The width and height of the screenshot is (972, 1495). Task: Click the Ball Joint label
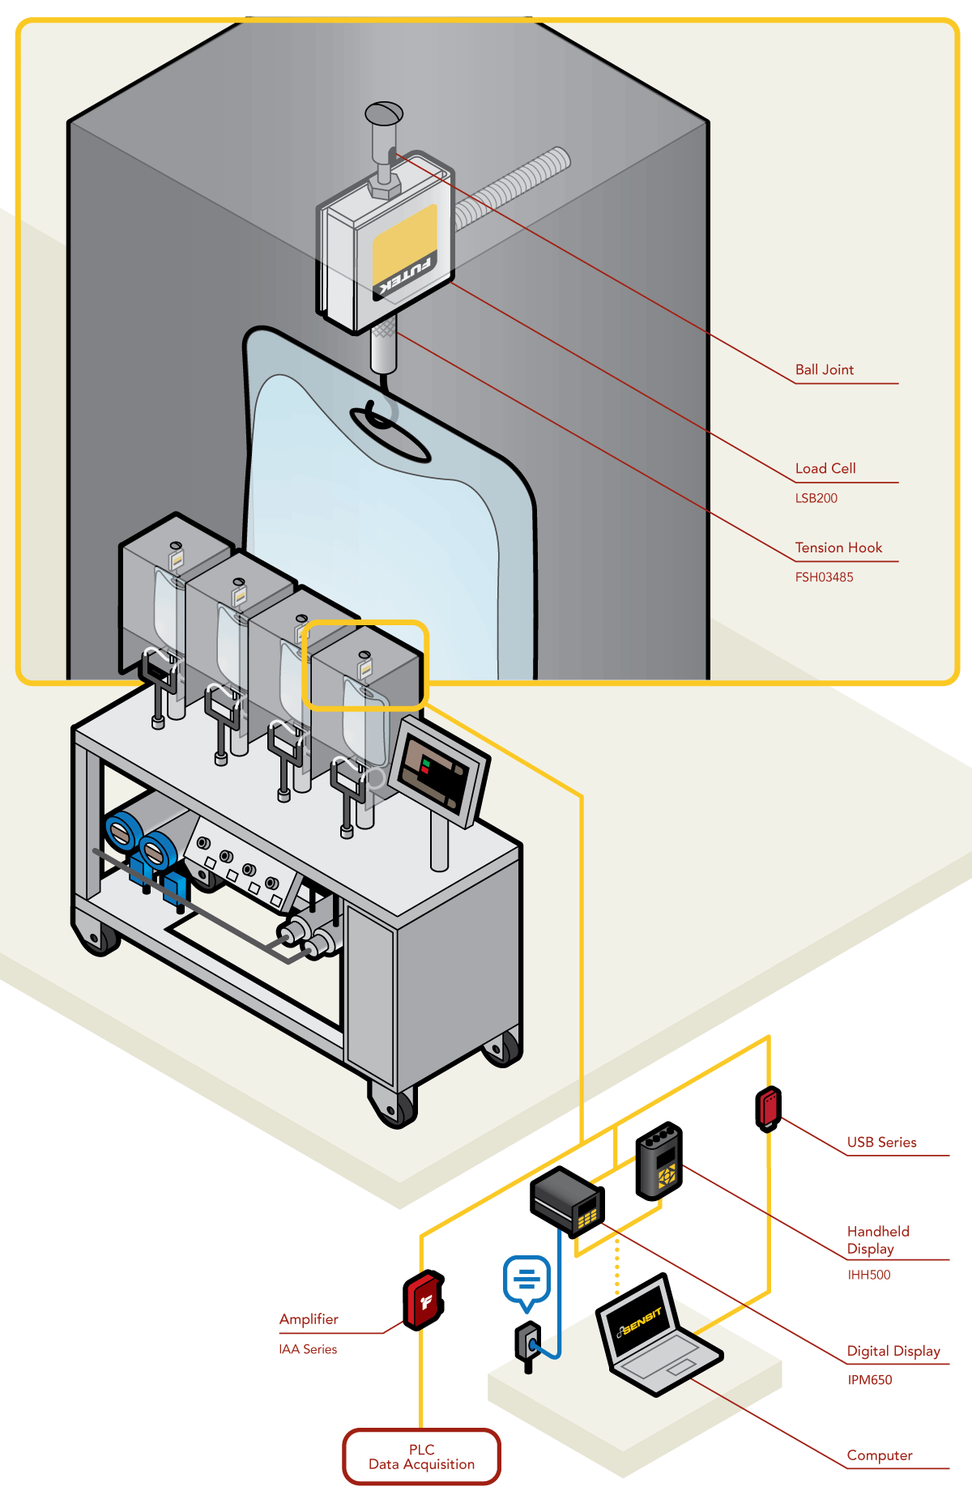(x=824, y=370)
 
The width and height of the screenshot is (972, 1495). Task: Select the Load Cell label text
(x=825, y=469)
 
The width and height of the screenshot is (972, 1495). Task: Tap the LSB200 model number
(x=816, y=499)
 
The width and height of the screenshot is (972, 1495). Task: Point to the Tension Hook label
(x=838, y=548)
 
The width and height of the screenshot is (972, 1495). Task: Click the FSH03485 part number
(x=824, y=577)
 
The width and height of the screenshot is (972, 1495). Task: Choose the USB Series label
(x=881, y=1143)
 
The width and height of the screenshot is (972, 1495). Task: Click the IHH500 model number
(x=868, y=1275)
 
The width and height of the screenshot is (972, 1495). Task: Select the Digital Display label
(x=893, y=1352)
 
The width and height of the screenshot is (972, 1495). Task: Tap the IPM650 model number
(x=869, y=1380)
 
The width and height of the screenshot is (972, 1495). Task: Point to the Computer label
(x=879, y=1456)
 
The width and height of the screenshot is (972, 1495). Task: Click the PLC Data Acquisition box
(x=421, y=1457)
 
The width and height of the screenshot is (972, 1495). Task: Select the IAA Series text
(x=308, y=1349)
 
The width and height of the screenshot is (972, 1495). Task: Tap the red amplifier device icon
(x=424, y=1300)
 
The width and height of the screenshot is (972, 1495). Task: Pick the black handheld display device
(x=659, y=1161)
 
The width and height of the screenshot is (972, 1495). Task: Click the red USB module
(x=768, y=1108)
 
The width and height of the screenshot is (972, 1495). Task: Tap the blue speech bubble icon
(x=526, y=1280)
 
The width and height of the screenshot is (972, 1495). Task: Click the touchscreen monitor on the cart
(x=438, y=772)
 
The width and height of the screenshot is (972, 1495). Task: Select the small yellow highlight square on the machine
(x=364, y=665)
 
